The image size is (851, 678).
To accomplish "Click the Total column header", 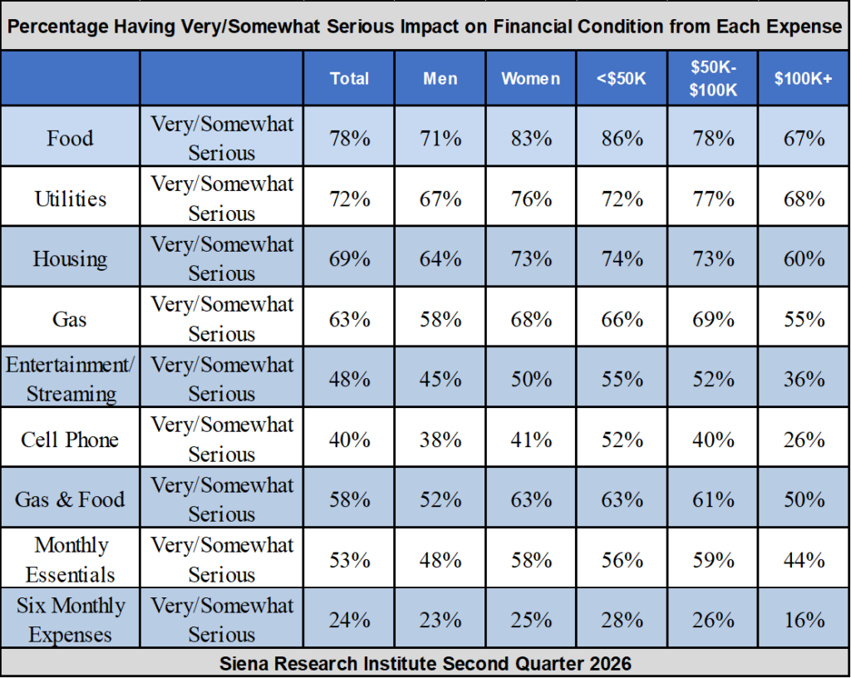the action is (x=350, y=79).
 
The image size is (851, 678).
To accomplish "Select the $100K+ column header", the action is (x=804, y=79).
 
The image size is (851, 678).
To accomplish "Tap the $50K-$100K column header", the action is (x=713, y=78).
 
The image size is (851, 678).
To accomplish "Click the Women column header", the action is (x=531, y=79).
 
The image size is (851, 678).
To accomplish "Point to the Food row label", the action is (x=70, y=138).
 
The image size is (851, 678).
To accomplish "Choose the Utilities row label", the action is (x=71, y=199).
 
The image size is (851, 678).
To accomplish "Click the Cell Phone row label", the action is (x=70, y=440).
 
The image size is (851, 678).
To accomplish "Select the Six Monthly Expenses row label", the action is (x=71, y=619).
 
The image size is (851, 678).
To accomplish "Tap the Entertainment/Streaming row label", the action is (x=70, y=379).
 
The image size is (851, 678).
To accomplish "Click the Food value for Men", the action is (x=440, y=139).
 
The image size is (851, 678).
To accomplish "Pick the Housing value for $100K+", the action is (x=804, y=258).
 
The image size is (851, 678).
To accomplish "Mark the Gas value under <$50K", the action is (x=622, y=319).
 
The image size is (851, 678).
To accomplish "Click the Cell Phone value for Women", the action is (x=531, y=440).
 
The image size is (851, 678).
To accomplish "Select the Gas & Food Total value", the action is (x=350, y=499).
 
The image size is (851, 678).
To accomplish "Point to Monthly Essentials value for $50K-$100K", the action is (x=713, y=560).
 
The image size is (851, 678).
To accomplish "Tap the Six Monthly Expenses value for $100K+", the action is (x=804, y=620).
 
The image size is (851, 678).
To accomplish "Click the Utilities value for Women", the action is (x=531, y=199).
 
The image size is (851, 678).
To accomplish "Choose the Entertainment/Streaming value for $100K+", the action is (x=804, y=379).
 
